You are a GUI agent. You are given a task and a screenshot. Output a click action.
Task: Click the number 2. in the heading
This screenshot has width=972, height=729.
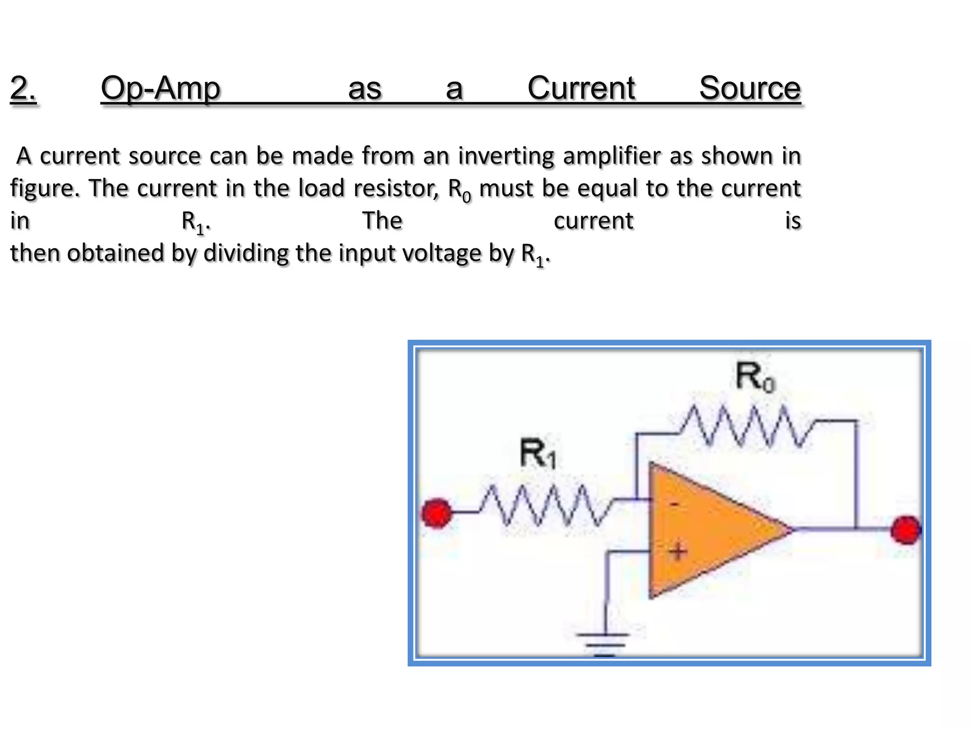click(x=23, y=88)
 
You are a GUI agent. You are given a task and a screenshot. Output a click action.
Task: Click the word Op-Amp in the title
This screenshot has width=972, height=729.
click(x=160, y=88)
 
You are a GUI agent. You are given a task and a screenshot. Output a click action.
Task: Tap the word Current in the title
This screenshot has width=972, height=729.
click(x=581, y=88)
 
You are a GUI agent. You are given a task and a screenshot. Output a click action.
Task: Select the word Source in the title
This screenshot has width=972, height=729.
click(x=750, y=88)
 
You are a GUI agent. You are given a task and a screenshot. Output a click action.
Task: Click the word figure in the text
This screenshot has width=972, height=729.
click(x=43, y=189)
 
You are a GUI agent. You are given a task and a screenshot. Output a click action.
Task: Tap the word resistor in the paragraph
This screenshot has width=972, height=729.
click(x=396, y=188)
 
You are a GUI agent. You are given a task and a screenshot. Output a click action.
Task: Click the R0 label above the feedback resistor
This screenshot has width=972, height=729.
click(x=754, y=377)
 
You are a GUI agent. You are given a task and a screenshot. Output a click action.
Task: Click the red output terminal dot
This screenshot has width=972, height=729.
click(x=906, y=530)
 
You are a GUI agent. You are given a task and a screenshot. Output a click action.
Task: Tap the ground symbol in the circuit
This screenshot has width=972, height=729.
click(x=604, y=643)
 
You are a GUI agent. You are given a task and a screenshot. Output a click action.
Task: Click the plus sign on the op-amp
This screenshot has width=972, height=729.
click(x=678, y=551)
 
